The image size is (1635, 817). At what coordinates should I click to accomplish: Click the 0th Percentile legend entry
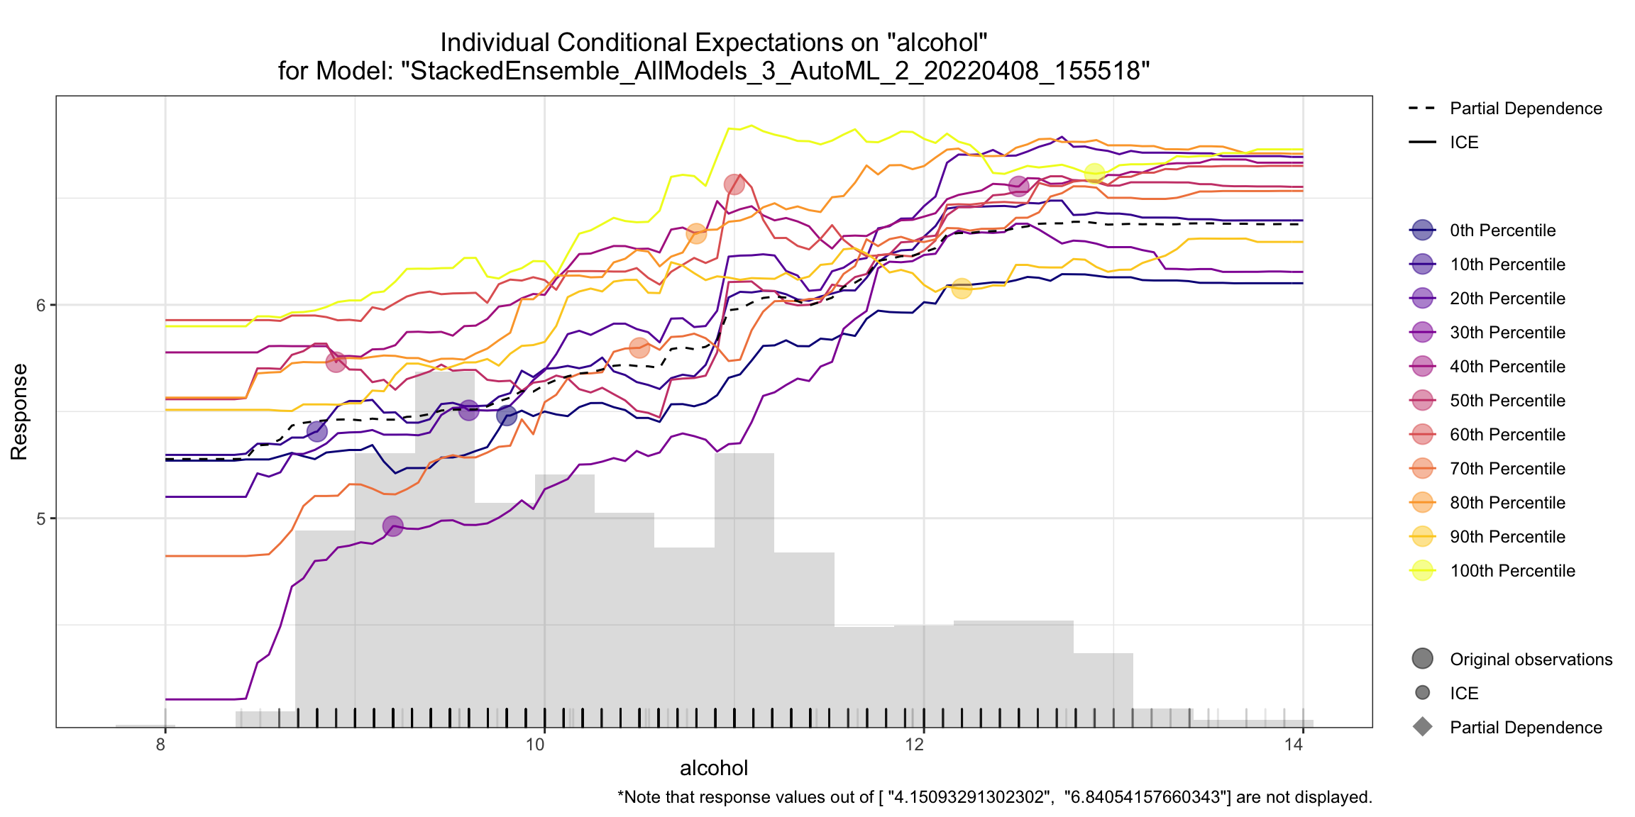pyautogui.click(x=1502, y=230)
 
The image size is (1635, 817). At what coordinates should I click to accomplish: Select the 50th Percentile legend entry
pyautogui.click(x=1507, y=401)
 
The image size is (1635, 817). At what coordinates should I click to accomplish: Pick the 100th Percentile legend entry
pyautogui.click(x=1512, y=571)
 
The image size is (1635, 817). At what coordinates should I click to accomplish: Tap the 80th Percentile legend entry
pyautogui.click(x=1507, y=503)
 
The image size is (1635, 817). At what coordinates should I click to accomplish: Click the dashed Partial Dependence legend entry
pyautogui.click(x=1525, y=109)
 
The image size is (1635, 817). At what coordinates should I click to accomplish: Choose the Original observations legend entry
pyautogui.click(x=1530, y=660)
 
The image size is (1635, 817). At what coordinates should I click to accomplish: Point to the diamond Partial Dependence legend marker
pyautogui.click(x=1423, y=727)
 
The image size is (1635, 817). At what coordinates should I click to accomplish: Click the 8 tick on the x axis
pyautogui.click(x=161, y=744)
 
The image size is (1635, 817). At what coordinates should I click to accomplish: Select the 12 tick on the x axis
pyautogui.click(x=915, y=744)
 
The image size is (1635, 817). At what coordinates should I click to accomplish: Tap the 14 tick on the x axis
pyautogui.click(x=1294, y=744)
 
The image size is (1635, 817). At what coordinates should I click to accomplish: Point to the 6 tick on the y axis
pyautogui.click(x=40, y=305)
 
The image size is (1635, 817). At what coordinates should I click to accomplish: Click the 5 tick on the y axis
pyautogui.click(x=40, y=518)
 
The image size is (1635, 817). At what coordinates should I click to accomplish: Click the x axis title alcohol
pyautogui.click(x=714, y=768)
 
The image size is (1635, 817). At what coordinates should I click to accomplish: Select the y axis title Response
pyautogui.click(x=19, y=411)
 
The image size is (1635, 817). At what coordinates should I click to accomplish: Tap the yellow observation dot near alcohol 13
pyautogui.click(x=1094, y=173)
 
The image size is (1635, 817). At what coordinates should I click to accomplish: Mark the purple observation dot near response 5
pyautogui.click(x=392, y=526)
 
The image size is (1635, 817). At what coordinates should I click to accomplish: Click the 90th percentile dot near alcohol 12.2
pyautogui.click(x=962, y=288)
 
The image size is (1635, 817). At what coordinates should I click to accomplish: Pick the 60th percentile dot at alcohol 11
pyautogui.click(x=734, y=185)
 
